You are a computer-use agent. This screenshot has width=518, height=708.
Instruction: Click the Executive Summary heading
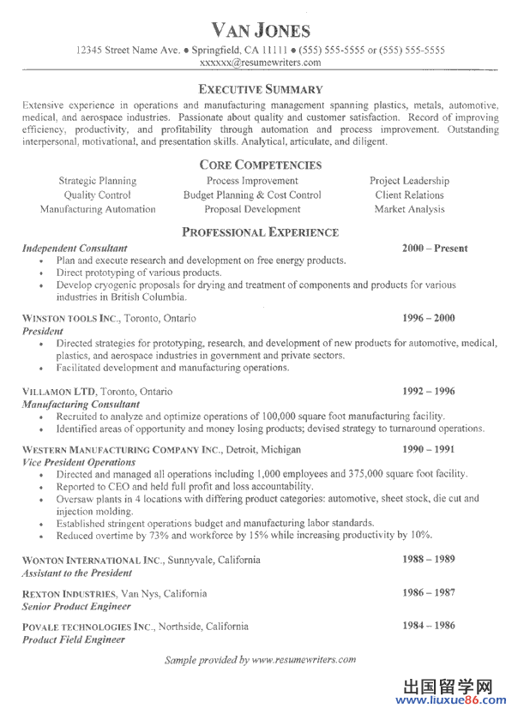point(260,89)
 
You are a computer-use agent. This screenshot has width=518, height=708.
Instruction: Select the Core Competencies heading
point(260,165)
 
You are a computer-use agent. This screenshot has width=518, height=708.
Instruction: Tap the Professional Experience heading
point(260,232)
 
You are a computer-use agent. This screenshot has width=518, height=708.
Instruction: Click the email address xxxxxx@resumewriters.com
point(260,63)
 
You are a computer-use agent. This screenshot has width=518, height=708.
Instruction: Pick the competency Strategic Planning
point(97,181)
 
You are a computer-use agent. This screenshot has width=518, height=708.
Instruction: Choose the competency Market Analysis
point(409,209)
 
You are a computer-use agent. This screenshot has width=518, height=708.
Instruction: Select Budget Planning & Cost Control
point(252,195)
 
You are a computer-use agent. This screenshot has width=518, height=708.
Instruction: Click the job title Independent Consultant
point(75,249)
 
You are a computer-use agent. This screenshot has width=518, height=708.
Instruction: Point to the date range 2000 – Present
point(435,249)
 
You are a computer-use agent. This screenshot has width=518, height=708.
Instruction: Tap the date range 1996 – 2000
point(429,318)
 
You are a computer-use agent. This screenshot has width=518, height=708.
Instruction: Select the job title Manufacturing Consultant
point(81,404)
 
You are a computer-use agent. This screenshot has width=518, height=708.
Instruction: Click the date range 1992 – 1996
point(429,391)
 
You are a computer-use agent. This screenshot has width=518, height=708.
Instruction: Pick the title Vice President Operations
point(79,461)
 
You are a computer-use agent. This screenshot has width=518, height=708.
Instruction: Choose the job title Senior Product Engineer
point(76,606)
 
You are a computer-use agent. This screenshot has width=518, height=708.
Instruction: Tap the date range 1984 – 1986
point(429,626)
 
